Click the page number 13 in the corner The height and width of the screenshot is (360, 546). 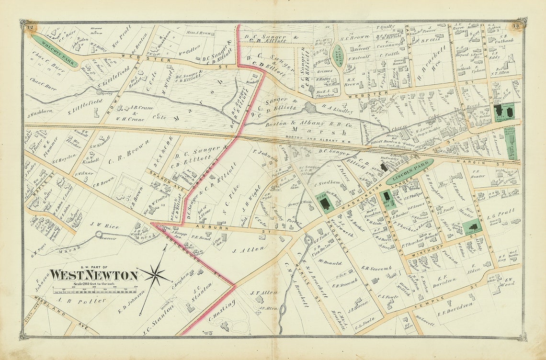(516, 26)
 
